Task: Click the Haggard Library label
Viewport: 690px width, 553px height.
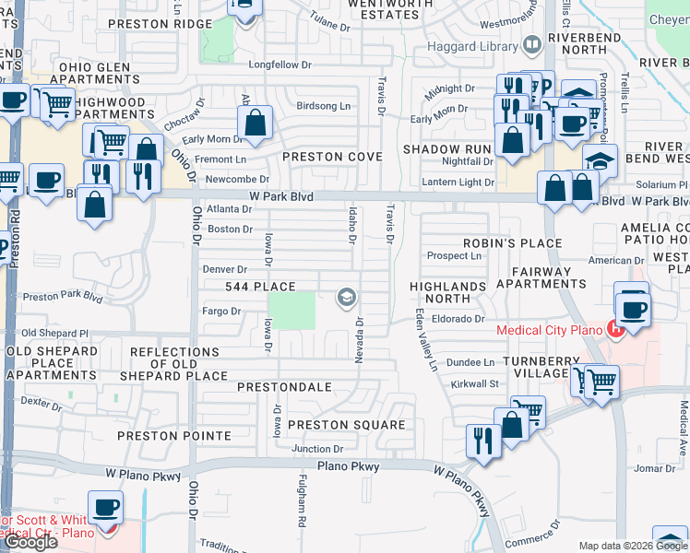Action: coord(481,43)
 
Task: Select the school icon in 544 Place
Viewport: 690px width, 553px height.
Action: coord(347,296)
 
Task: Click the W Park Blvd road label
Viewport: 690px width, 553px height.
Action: coord(280,197)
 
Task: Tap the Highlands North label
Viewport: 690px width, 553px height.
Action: coord(447,293)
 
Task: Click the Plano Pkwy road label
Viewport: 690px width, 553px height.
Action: coord(349,467)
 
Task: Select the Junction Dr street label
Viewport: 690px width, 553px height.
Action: coord(317,449)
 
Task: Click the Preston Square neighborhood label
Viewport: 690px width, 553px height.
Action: coord(346,425)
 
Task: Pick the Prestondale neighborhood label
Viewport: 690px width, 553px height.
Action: coord(284,387)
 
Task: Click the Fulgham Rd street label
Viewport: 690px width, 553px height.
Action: coord(301,501)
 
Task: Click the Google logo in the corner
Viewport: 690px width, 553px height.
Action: coord(30,542)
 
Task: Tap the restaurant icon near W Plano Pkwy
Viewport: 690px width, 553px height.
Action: coord(483,441)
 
